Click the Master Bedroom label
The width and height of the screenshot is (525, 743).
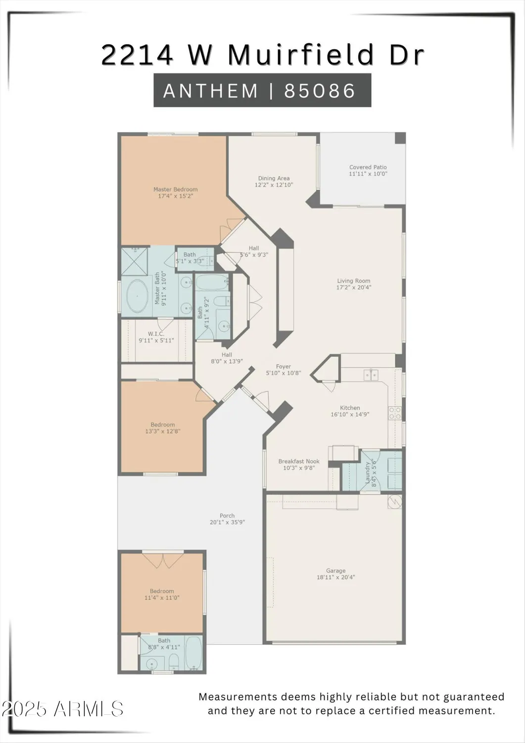click(x=175, y=190)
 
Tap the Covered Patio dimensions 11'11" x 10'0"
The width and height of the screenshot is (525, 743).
click(x=368, y=174)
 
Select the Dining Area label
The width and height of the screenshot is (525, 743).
click(x=274, y=178)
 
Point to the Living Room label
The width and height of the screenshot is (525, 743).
click(x=353, y=281)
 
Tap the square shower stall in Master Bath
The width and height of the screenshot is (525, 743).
click(x=135, y=262)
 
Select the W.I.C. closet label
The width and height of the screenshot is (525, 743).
click(x=156, y=334)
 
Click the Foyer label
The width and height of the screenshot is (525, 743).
click(x=283, y=367)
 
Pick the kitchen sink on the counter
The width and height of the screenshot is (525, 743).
click(x=371, y=374)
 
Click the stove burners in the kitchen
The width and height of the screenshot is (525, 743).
click(x=395, y=413)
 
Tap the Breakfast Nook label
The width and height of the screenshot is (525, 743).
click(x=298, y=461)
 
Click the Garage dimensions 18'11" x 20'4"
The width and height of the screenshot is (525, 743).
click(x=335, y=577)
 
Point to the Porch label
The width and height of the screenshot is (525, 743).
click(x=227, y=516)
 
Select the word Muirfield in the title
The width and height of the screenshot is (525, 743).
click(x=301, y=55)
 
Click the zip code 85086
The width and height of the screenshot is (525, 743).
click(x=320, y=91)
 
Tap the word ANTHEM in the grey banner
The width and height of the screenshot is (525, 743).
click(x=211, y=91)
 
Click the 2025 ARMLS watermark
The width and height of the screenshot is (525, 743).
click(x=62, y=709)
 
